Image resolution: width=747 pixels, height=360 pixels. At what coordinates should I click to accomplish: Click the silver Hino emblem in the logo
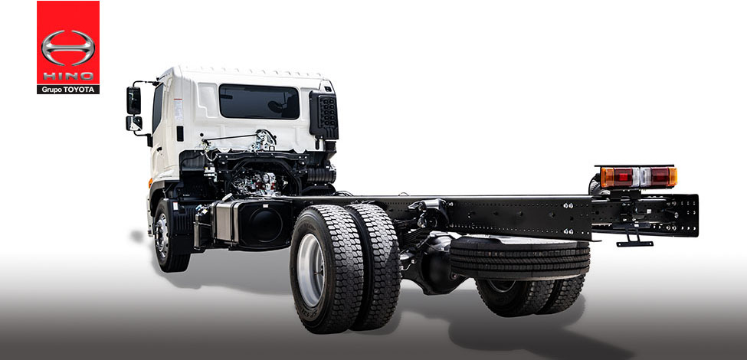(x=68, y=47)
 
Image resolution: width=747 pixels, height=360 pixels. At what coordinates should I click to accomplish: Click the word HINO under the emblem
(x=68, y=76)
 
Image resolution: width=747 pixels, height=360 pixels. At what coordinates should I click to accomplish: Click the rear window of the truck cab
(x=259, y=101)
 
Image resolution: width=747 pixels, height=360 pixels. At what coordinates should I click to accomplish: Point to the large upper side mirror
(x=133, y=100)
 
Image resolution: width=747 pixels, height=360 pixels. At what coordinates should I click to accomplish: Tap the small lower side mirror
(x=134, y=123)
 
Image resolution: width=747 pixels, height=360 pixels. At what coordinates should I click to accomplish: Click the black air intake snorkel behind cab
(x=324, y=115)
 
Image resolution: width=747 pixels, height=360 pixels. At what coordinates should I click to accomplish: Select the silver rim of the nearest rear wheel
(x=310, y=270)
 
